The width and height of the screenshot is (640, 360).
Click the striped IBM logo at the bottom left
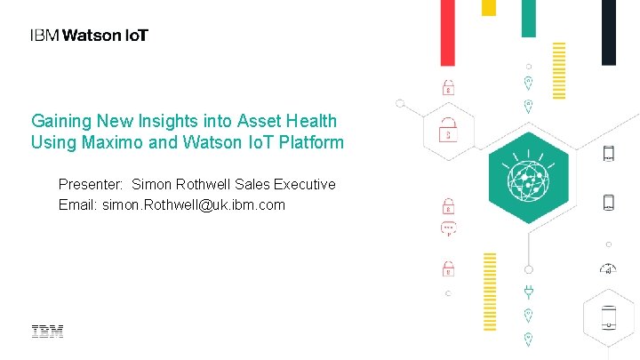click(x=48, y=332)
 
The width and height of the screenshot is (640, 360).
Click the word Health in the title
click(x=314, y=120)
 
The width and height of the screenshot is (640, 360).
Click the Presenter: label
click(x=91, y=185)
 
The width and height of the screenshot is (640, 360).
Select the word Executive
click(x=304, y=185)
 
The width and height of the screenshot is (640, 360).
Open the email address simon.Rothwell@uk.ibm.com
click(x=194, y=205)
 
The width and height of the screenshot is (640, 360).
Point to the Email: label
click(x=78, y=205)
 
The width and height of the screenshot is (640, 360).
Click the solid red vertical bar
click(x=448, y=33)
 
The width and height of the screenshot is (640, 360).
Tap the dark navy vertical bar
click(x=609, y=32)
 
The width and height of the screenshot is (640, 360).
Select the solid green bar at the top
click(x=528, y=18)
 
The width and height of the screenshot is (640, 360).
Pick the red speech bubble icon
click(x=449, y=229)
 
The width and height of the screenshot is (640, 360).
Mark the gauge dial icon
click(x=608, y=268)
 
